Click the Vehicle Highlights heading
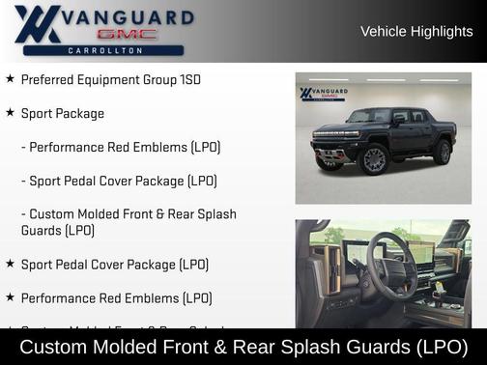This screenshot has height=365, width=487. (x=416, y=31)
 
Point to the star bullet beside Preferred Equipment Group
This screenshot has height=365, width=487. (x=10, y=79)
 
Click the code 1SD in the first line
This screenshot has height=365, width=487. (x=189, y=79)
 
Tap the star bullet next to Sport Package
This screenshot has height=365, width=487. (x=10, y=113)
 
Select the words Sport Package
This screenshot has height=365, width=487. (x=63, y=113)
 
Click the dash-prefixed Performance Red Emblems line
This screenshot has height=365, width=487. (x=121, y=147)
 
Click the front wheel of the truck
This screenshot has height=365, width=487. (x=374, y=159)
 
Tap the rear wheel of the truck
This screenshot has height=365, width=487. (x=442, y=152)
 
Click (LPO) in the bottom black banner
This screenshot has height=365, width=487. (x=437, y=346)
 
